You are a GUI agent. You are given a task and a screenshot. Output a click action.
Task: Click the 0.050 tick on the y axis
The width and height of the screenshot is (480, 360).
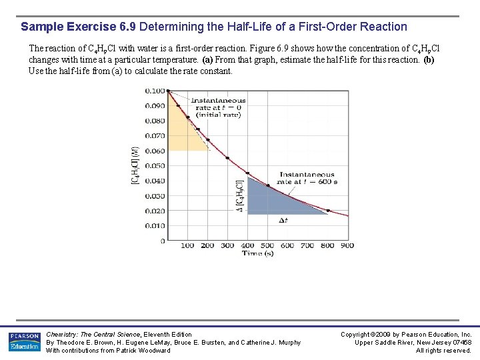(x=155, y=166)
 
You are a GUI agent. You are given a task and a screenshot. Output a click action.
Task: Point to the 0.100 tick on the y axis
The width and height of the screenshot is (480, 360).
(x=155, y=91)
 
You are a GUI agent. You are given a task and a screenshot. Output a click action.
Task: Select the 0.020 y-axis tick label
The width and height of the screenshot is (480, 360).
(x=155, y=211)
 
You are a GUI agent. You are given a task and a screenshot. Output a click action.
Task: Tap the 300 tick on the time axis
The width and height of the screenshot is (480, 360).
(x=227, y=245)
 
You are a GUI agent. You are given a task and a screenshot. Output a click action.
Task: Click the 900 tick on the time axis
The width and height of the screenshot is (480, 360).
(x=347, y=245)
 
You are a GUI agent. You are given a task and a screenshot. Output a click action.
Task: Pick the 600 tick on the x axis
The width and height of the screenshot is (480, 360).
(x=287, y=245)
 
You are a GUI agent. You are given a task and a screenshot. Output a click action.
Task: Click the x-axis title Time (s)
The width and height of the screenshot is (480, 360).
(x=257, y=253)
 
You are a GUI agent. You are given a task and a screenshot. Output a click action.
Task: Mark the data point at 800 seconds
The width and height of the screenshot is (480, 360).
(x=327, y=211)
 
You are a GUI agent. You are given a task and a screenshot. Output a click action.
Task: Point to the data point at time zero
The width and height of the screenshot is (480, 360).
(x=168, y=91)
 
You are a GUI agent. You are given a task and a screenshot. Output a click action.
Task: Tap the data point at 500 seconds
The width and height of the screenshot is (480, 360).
(x=267, y=185)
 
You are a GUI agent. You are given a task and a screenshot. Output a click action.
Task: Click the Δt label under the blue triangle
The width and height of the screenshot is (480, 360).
(x=283, y=220)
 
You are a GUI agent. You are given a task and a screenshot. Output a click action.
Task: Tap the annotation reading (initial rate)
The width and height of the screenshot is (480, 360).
(x=218, y=115)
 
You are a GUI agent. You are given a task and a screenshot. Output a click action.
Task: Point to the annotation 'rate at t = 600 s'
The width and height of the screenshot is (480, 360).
(x=307, y=181)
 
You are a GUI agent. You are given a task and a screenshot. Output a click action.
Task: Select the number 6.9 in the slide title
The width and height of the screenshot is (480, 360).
(x=127, y=27)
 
